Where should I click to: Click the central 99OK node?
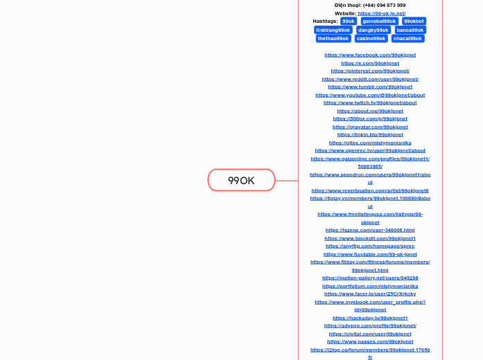coord(241,180)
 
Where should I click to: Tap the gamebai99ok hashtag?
coord(379,21)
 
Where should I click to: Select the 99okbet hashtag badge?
coord(414,21)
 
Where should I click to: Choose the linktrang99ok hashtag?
coord(333,30)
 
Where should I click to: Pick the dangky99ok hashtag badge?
coord(373,30)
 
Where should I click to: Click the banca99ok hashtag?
coord(410,30)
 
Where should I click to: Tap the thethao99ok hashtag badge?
coord(333,38)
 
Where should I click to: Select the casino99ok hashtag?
coord(371,38)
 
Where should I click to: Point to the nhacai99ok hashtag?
coord(407,38)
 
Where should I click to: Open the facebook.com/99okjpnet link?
coord(370,55)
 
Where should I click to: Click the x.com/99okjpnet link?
coord(370,63)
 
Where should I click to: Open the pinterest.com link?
coord(370,71)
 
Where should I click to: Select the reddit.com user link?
coord(370,79)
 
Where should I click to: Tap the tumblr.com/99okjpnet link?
coord(370,87)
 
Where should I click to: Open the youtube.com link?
coord(370,95)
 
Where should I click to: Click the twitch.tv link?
coord(370,102)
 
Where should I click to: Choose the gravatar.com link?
coord(370,127)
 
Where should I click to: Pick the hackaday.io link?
coord(370,318)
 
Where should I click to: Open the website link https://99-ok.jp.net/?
coord(381,13)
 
